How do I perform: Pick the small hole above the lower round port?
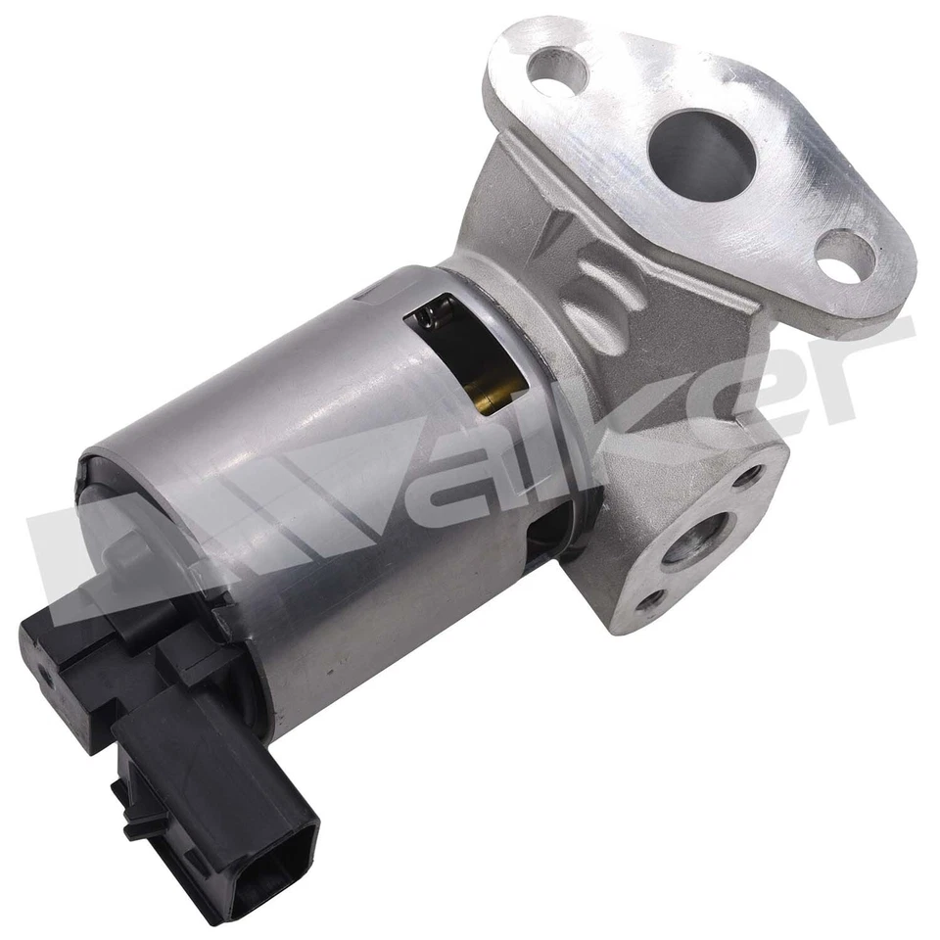[x=749, y=477]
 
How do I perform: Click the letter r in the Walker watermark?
[x=862, y=362]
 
